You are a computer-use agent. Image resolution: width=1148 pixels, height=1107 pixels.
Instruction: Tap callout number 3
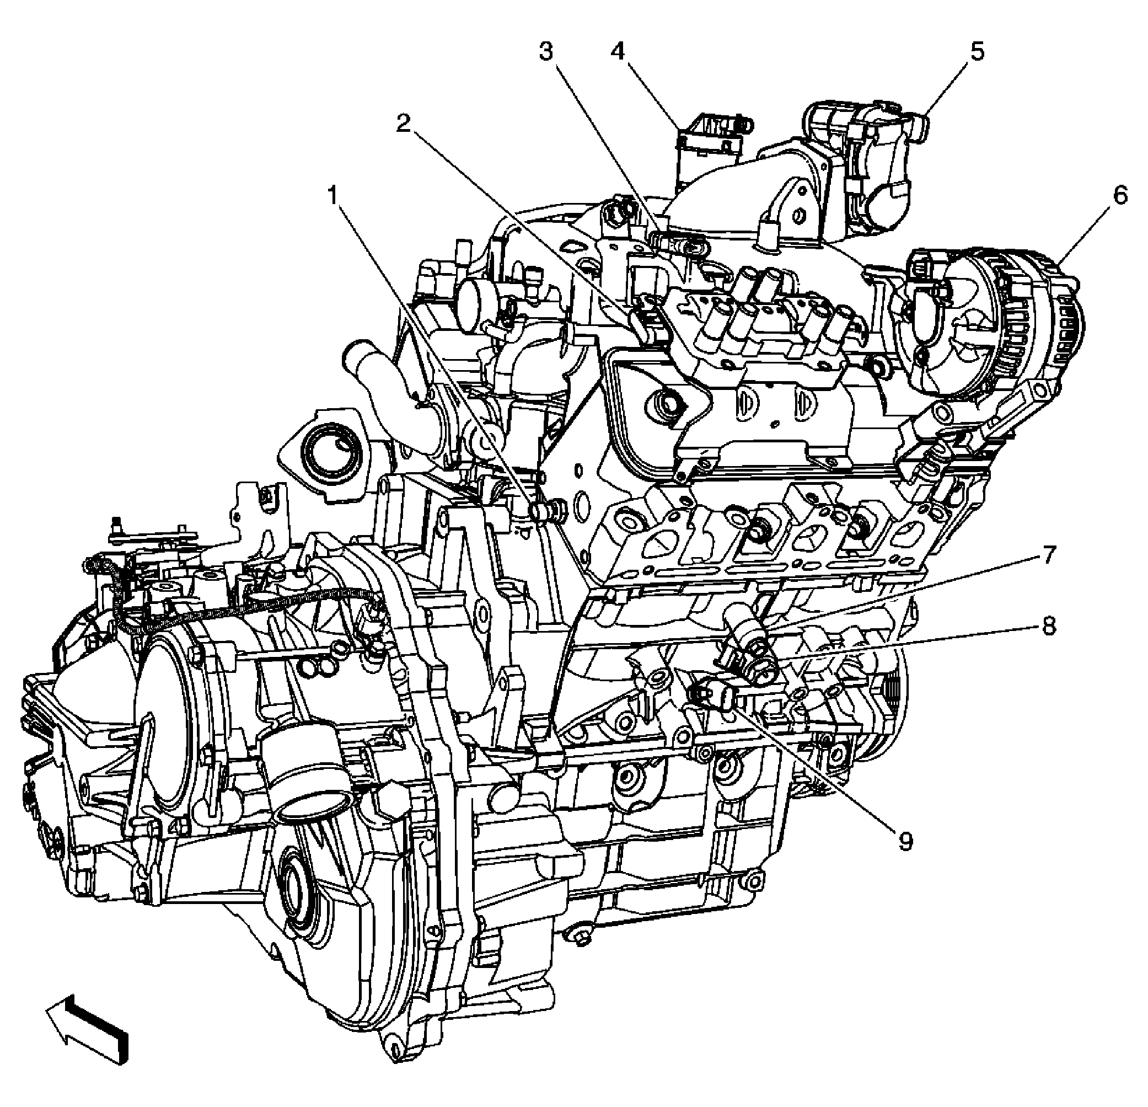[x=546, y=53]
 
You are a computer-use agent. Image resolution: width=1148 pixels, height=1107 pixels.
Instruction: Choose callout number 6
[x=1120, y=196]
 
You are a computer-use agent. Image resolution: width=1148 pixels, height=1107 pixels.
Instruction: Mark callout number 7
[x=1048, y=554]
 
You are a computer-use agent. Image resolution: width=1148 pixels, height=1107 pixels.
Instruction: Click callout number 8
[x=1048, y=627]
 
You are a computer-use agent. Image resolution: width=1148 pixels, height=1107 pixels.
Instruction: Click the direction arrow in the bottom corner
[x=88, y=1026]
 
